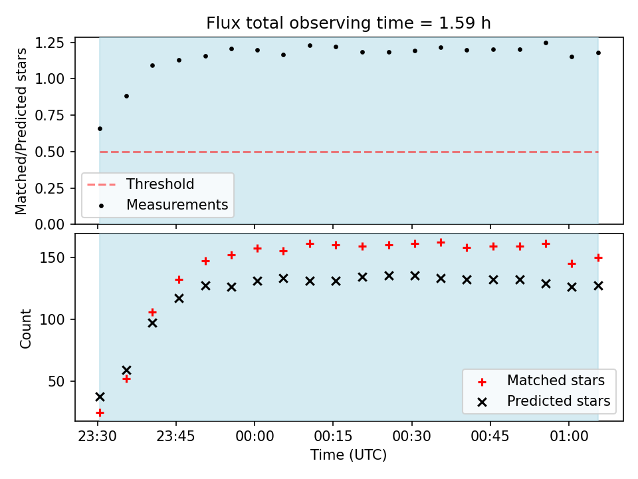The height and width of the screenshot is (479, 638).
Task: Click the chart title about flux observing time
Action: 348,23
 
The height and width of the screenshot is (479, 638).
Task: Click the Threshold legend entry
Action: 141,184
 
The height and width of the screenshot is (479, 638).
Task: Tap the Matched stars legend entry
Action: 541,381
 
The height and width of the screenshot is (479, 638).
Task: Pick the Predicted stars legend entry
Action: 544,401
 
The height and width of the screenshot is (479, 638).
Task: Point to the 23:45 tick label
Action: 175,436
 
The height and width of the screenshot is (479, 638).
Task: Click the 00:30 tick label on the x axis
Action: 412,436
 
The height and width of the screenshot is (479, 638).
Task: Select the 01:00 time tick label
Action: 569,436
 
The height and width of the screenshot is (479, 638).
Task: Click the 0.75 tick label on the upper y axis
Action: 50,116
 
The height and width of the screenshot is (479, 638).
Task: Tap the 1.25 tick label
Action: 50,43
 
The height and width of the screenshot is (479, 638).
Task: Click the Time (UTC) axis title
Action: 348,454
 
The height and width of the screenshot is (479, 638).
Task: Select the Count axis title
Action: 25,328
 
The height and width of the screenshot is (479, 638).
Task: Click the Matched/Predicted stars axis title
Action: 21,131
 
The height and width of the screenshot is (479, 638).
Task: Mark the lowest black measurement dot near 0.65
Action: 100,128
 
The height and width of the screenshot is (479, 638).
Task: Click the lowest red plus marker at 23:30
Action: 100,413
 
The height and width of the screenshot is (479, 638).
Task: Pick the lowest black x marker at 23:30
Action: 100,397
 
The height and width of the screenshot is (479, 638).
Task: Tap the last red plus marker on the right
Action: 598,258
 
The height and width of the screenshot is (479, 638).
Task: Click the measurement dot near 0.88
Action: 126,96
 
